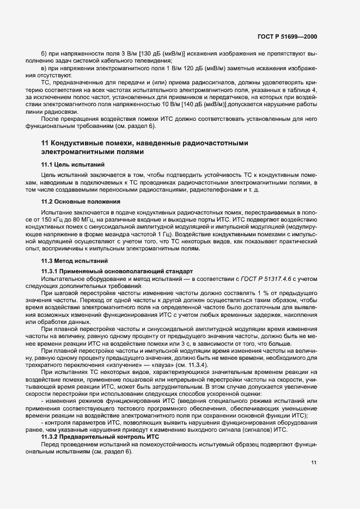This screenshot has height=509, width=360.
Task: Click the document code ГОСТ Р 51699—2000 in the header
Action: [287, 37]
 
